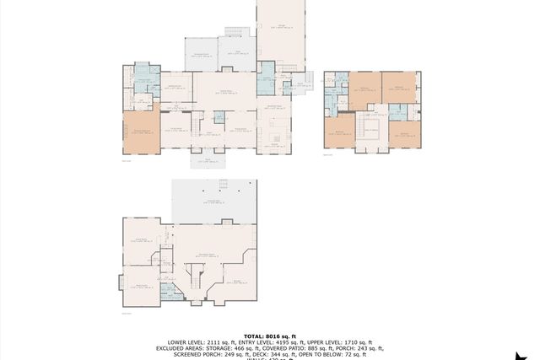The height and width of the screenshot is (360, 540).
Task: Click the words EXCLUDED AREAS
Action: click(x=181, y=348)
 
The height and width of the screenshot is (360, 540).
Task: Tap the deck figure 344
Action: click(x=254, y=354)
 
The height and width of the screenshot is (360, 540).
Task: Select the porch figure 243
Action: click(x=364, y=348)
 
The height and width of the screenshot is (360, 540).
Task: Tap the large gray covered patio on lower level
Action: click(x=213, y=201)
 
